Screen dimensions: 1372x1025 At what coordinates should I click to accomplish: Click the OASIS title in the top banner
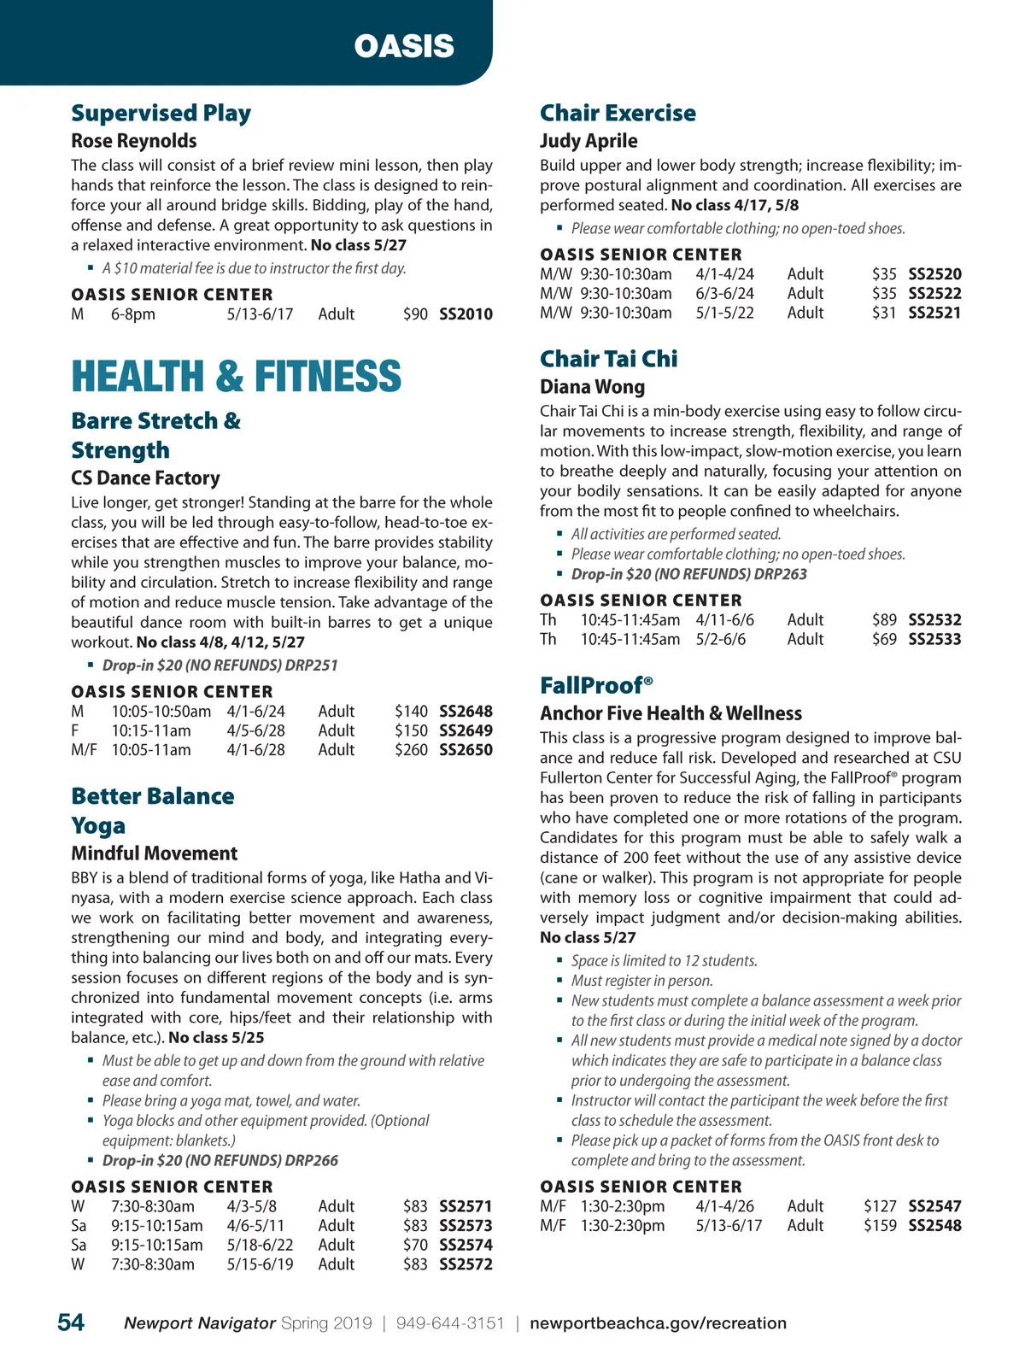(x=404, y=46)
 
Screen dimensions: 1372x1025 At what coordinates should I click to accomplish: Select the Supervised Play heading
(x=161, y=113)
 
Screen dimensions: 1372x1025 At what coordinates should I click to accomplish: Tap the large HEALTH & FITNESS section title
(x=236, y=377)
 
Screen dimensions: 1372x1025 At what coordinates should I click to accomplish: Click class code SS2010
(x=466, y=314)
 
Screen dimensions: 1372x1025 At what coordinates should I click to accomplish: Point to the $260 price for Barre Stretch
(x=411, y=750)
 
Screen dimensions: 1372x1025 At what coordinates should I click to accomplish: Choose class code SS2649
(x=466, y=730)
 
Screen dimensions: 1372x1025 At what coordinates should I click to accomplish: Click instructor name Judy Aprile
(x=588, y=141)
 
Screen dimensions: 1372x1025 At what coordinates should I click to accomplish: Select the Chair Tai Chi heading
(x=608, y=359)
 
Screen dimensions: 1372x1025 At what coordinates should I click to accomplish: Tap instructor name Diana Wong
(x=592, y=387)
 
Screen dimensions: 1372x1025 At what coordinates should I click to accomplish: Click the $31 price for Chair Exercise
(x=884, y=313)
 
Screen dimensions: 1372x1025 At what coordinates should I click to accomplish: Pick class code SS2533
(x=934, y=639)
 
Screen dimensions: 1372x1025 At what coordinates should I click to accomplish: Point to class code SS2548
(x=934, y=1225)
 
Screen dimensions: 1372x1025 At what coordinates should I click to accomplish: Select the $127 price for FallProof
(x=880, y=1206)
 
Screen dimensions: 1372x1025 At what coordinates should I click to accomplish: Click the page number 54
(x=71, y=1322)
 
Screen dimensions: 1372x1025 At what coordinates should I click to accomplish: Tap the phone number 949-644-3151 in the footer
(x=450, y=1323)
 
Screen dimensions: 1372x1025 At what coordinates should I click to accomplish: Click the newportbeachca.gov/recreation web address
(x=658, y=1323)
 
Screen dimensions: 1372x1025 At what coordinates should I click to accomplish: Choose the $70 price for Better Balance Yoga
(x=415, y=1245)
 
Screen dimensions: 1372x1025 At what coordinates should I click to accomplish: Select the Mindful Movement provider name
(x=155, y=853)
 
